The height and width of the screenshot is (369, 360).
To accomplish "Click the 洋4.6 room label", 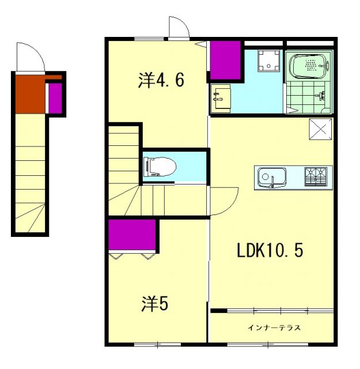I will point(161,81).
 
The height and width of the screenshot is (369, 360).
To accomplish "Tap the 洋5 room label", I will point(156,303).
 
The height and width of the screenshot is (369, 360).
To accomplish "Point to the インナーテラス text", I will point(274,328).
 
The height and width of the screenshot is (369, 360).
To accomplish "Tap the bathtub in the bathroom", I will point(309,67).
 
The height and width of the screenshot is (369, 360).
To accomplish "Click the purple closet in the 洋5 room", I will point(132,236).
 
